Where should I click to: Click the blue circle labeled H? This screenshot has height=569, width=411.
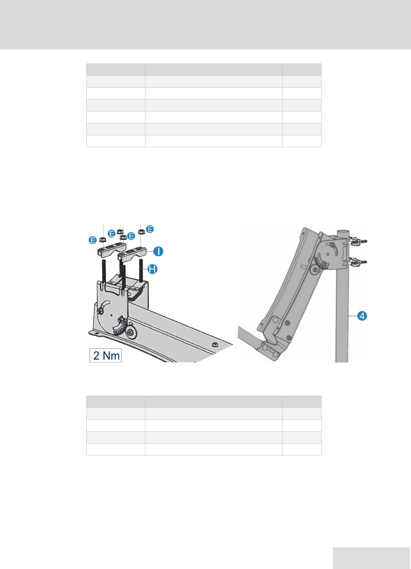click(153, 269)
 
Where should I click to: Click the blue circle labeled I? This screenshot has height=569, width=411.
click(158, 251)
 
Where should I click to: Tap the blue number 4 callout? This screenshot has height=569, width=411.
click(362, 316)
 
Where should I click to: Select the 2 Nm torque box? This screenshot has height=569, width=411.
click(105, 355)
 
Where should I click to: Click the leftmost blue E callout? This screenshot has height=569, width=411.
click(93, 240)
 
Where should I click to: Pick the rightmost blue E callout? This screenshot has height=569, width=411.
click(151, 229)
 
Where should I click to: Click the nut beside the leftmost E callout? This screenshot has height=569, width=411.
click(102, 239)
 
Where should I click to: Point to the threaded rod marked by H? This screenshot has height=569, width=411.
click(141, 270)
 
